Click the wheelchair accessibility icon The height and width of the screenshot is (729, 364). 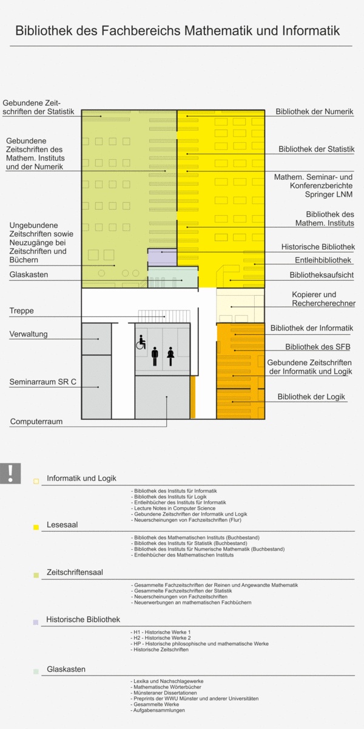[141, 343]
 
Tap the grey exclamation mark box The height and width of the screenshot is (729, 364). [10, 473]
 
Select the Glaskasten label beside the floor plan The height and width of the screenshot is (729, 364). [29, 275]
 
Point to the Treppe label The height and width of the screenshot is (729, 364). [21, 311]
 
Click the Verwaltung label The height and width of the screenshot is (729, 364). [28, 334]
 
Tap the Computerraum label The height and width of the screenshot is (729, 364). [36, 421]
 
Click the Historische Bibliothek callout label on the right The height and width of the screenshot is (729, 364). [318, 247]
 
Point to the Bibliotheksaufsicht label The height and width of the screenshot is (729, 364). [322, 275]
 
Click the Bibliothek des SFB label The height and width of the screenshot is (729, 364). [318, 347]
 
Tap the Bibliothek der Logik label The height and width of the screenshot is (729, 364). [311, 397]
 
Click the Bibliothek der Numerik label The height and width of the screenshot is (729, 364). [314, 112]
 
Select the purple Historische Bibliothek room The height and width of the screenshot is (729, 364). [162, 256]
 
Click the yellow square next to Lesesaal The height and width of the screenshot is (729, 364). [36, 527]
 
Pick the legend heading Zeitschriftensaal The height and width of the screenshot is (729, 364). [75, 572]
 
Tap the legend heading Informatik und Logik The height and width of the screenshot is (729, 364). [81, 478]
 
